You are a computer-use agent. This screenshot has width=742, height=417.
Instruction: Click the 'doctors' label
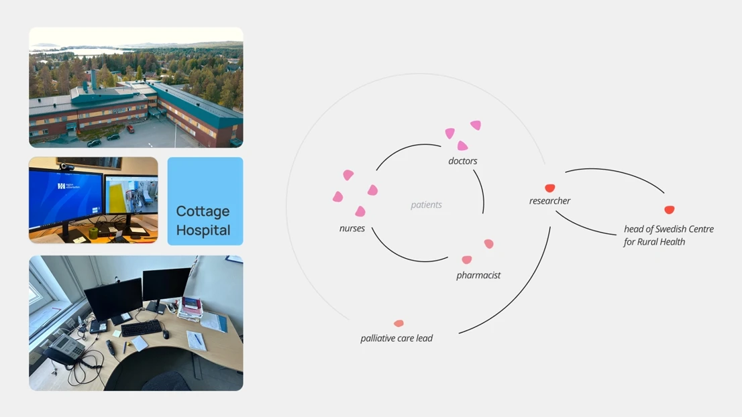pyautogui.click(x=463, y=161)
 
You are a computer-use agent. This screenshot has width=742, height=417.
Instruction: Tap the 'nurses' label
pyautogui.click(x=352, y=229)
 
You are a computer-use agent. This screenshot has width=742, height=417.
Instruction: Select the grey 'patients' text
pyautogui.click(x=427, y=204)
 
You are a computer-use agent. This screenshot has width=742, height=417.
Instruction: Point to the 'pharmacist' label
pyautogui.click(x=478, y=275)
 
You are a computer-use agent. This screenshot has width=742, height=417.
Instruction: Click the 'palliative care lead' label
pyautogui.click(x=396, y=338)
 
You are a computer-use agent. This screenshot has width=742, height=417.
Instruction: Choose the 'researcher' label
pyautogui.click(x=550, y=201)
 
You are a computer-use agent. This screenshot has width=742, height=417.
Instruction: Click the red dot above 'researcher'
pyautogui.click(x=550, y=188)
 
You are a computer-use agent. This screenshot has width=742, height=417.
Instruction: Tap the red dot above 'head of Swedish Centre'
pyautogui.click(x=669, y=209)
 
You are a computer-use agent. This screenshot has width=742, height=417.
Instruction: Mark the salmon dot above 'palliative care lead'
pyautogui.click(x=399, y=323)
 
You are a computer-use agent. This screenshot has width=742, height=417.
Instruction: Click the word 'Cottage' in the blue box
pyautogui.click(x=203, y=211)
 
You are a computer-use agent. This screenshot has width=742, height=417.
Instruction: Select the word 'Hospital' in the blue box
pyautogui.click(x=203, y=230)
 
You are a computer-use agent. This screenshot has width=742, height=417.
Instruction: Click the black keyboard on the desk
pyautogui.click(x=142, y=328)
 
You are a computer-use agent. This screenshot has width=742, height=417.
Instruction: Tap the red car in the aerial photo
pyautogui.click(x=130, y=128)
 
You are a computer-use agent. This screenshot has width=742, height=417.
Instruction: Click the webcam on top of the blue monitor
pyautogui.click(x=66, y=166)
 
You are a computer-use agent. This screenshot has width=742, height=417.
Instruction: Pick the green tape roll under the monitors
pyautogui.click(x=93, y=233)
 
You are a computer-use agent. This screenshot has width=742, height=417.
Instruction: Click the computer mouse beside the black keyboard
pyautogui.click(x=166, y=335)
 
